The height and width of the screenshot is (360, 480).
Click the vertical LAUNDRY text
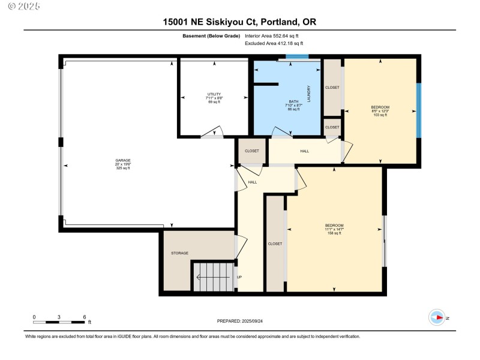pos(308,94)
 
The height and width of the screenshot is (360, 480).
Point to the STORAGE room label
pos(179,253)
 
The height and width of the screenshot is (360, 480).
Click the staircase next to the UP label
pos(214,277)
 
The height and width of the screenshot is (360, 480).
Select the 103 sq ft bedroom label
pos(380,111)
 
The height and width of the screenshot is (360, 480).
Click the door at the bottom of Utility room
pos(212,133)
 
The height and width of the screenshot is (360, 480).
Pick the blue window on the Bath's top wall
pos(296,57)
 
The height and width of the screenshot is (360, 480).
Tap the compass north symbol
pos(437,317)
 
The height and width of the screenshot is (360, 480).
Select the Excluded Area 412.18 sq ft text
pos(274,44)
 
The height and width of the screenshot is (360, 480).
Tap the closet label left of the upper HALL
pos(252,151)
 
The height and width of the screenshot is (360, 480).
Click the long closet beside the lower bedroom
pos(275,244)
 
